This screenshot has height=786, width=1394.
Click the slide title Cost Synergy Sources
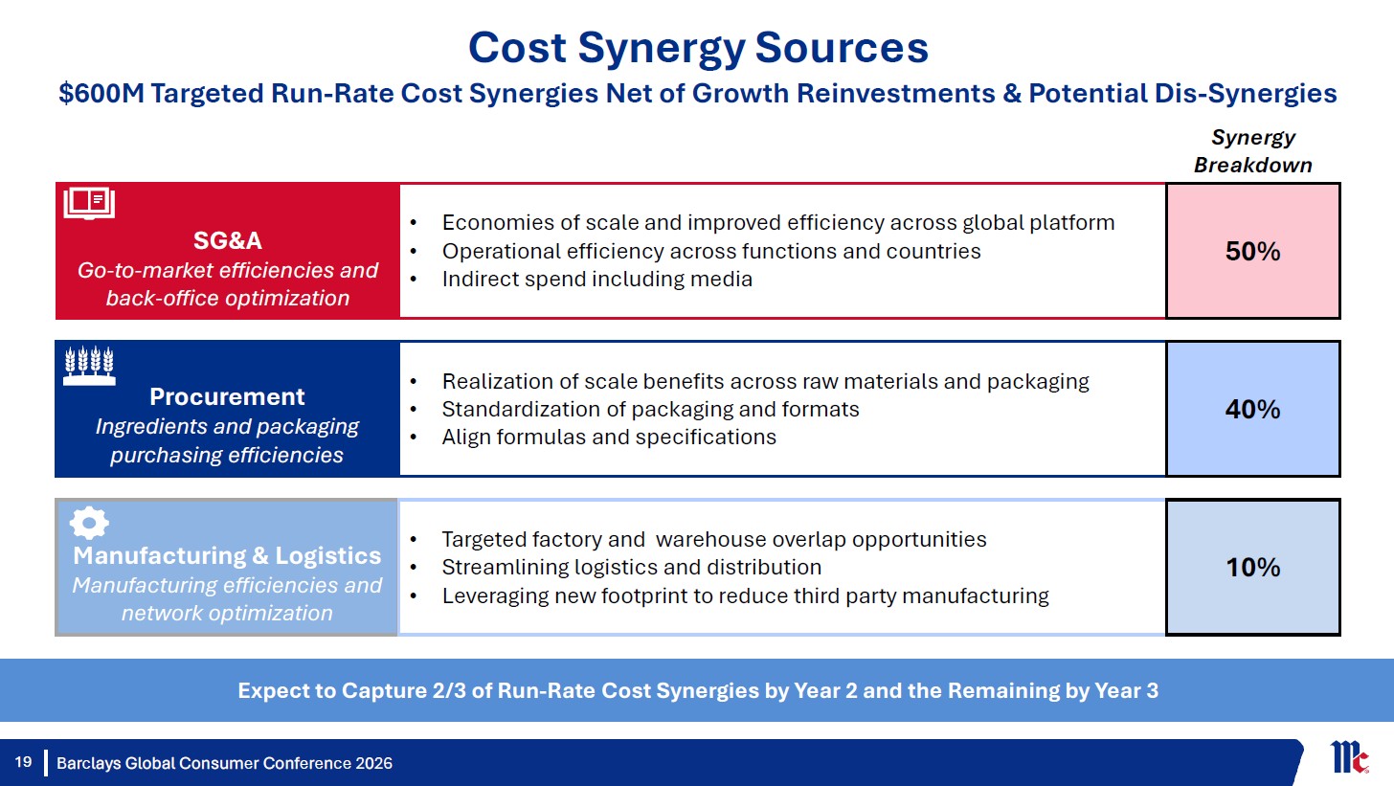(698, 49)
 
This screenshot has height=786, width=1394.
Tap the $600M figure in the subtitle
(101, 94)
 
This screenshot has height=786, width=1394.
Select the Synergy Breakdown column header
(1252, 150)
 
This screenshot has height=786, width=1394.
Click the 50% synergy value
(1252, 251)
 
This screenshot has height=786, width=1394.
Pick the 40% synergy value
(1252, 409)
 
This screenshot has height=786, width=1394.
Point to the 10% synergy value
(1252, 567)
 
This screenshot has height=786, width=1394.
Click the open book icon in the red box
(89, 203)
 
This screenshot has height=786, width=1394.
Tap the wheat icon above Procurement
(90, 366)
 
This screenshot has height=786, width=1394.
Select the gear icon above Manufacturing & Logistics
(89, 523)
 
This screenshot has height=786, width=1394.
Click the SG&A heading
(227, 240)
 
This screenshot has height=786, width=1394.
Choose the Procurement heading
(227, 396)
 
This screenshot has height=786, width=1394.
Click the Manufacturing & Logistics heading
(227, 555)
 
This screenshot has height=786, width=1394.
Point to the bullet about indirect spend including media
(596, 279)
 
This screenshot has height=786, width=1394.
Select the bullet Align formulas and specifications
(609, 437)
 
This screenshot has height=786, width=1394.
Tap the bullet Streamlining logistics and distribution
(632, 567)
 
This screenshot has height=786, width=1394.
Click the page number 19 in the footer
(23, 762)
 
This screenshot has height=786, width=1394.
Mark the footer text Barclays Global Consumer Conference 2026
(225, 763)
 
